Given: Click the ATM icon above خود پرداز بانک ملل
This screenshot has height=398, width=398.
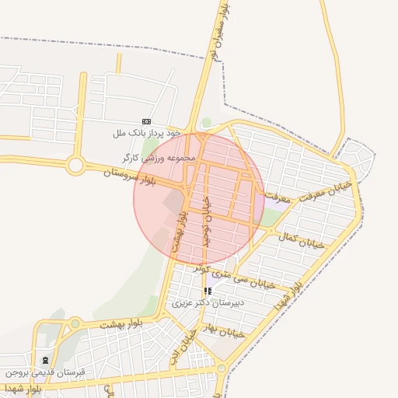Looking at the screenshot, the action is point(146,121).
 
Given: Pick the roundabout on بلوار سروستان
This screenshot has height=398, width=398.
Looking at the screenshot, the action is point(75,165).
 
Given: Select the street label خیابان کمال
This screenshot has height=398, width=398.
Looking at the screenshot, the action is point(305,242).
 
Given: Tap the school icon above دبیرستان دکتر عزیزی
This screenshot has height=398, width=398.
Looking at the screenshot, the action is point(207,291).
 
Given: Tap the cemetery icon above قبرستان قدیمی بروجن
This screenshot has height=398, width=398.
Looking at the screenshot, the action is point(44,360).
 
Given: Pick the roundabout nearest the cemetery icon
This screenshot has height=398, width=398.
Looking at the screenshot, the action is point(75,323).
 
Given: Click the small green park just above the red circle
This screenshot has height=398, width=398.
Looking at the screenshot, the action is point(206,123).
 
